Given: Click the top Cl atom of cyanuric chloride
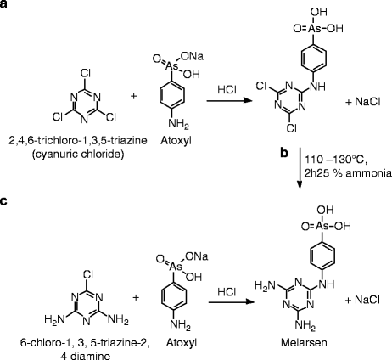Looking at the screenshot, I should point(66,62).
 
